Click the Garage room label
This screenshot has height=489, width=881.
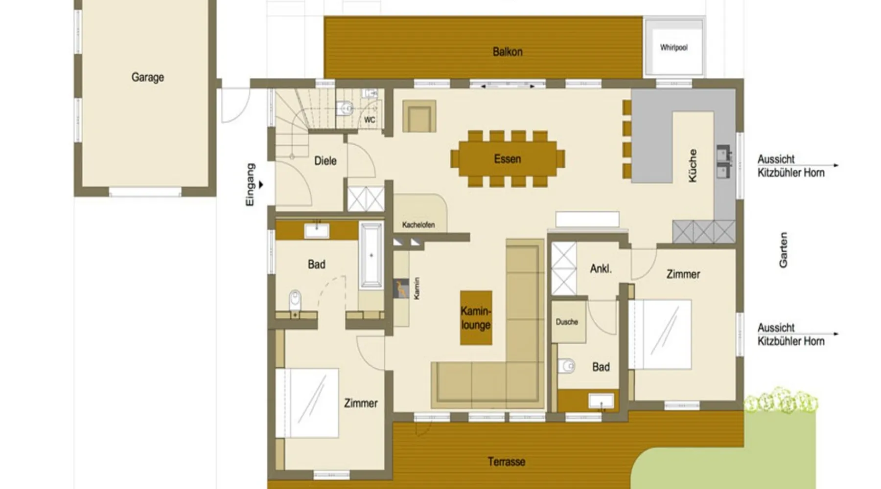coord(147,77)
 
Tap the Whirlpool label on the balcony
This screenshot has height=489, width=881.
coord(673,47)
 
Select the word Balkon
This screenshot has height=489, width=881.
coord(508,52)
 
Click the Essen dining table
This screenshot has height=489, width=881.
coord(508,158)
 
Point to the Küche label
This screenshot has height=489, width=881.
coord(693,166)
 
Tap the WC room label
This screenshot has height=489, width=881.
coord(370,120)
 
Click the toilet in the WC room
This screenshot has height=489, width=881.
coord(345,108)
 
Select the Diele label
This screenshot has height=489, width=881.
coord(325,161)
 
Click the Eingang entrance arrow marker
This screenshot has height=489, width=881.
coord(261,185)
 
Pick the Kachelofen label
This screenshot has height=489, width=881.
coord(418,225)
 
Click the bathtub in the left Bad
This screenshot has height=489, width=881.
coord(371,255)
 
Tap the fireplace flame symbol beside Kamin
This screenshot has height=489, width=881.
coord(401,289)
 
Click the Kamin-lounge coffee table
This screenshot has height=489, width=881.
coord(476,318)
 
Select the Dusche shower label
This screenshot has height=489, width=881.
coord(567,322)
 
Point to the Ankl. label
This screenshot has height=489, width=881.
coord(601,268)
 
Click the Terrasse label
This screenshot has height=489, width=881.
coord(507,462)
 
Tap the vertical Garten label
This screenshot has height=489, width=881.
coord(783,250)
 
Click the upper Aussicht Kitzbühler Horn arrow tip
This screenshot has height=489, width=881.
coord(838,165)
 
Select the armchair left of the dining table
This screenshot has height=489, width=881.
coord(419,116)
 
